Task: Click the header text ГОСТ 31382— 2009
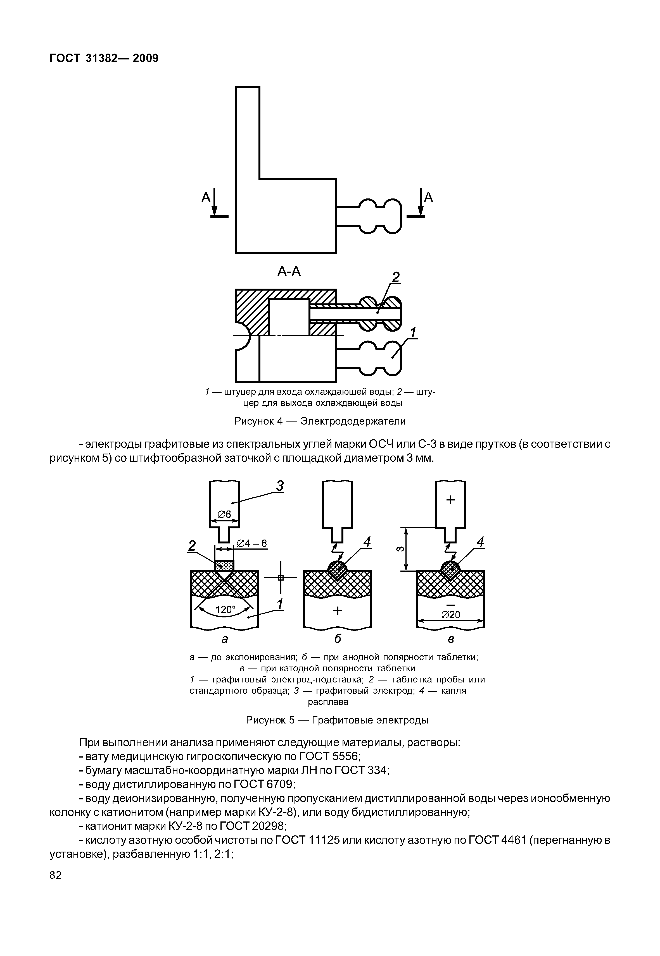104,58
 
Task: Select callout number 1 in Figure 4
412,332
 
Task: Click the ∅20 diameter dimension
450,615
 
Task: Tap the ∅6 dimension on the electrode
224,514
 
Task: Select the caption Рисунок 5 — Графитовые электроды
337,720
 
